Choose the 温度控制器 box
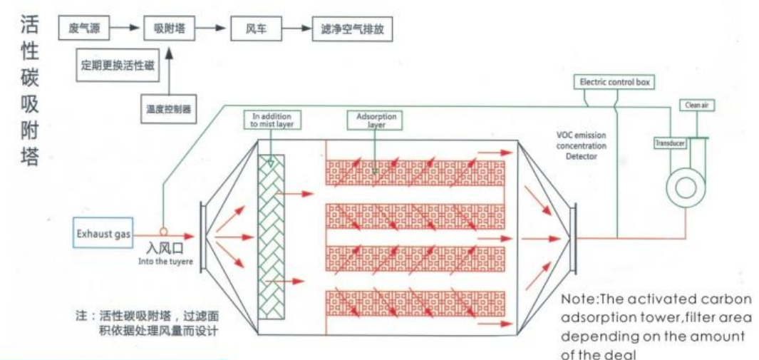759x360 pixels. tap(169, 108)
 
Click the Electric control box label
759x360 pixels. tap(615, 82)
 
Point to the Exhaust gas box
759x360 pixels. tap(103, 234)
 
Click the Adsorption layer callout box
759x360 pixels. tap(376, 119)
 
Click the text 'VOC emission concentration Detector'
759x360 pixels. tap(582, 145)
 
